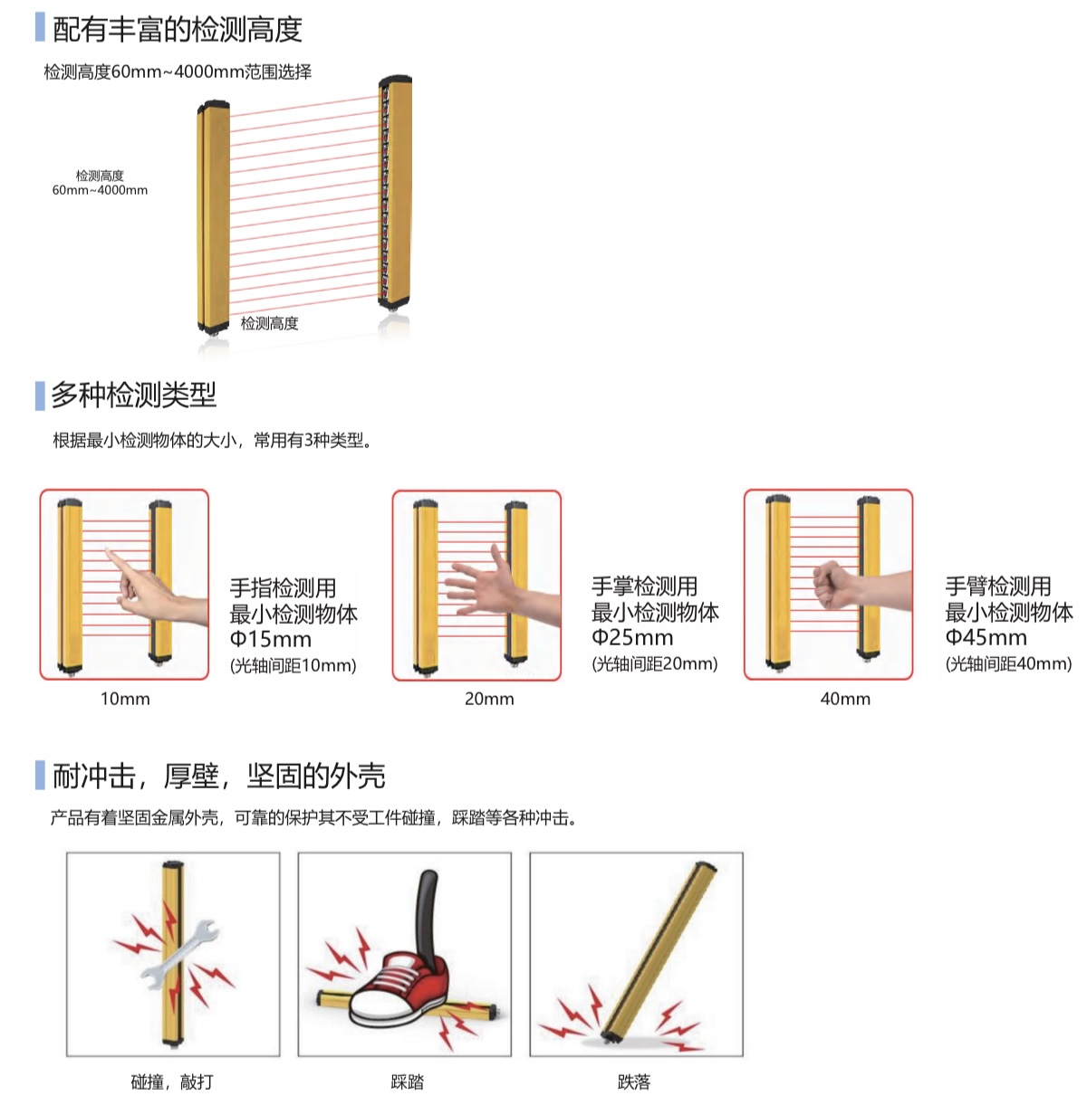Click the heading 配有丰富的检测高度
click(178, 29)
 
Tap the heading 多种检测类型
click(134, 395)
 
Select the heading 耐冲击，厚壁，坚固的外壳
click(218, 776)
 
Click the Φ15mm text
click(271, 639)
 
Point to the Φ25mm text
click(632, 637)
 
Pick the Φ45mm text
click(986, 637)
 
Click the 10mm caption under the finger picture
click(125, 699)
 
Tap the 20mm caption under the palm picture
click(489, 699)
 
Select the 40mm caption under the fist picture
click(845, 699)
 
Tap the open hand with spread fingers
click(483, 582)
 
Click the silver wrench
click(180, 954)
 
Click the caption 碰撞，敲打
click(172, 1082)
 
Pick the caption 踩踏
click(408, 1082)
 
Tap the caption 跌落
click(634, 1082)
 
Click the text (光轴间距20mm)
click(655, 663)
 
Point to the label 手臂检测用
click(998, 586)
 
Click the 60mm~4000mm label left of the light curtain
click(100, 190)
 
